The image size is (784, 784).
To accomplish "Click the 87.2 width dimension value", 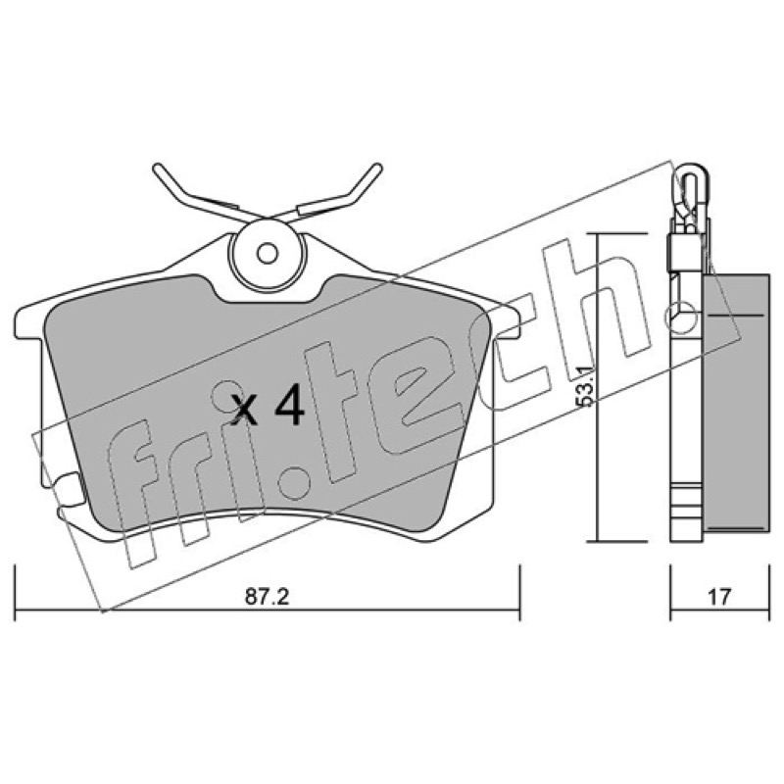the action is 267,597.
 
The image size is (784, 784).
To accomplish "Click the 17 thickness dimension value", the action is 719,597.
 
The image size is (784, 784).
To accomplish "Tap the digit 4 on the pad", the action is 289,405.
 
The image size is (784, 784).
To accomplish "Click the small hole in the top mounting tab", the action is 268,253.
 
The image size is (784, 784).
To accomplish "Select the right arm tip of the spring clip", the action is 377,168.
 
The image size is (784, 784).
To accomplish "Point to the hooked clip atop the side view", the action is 689,200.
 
